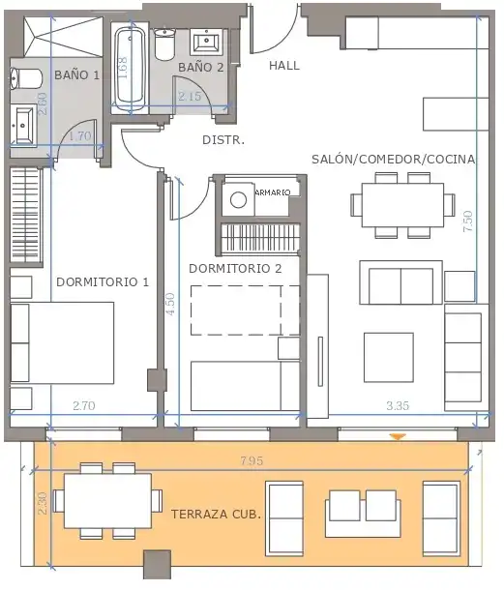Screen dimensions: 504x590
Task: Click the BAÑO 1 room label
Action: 76,74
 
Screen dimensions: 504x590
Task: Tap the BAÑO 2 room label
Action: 201,68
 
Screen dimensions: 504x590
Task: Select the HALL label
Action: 284,66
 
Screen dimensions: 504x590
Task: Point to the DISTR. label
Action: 223,140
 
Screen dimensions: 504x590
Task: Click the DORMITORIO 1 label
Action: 103,281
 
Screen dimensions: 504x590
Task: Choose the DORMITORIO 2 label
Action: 235,269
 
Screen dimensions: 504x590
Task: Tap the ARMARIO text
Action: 273,192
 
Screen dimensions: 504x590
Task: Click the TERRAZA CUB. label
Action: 216,514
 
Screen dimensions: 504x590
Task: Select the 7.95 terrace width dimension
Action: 252,460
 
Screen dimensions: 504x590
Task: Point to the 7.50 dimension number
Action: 468,221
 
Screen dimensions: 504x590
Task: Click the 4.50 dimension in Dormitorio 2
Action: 170,304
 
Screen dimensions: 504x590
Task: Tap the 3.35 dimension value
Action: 398,405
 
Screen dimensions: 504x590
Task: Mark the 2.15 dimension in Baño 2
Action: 190,97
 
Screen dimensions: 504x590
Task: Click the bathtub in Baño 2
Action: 131,70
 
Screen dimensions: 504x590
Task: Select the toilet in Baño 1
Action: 25,78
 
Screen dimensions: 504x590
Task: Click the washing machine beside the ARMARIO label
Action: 238,199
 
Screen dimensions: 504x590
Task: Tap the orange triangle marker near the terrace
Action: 398,436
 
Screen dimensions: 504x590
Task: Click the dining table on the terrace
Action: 107,500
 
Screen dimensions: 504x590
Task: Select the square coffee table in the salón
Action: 389,357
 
